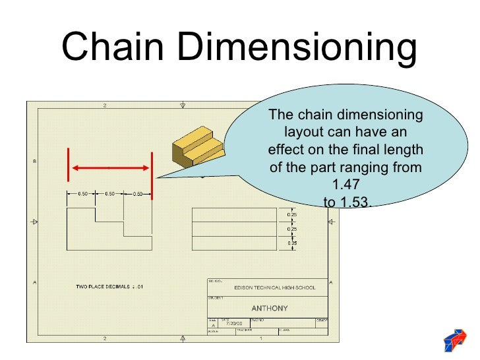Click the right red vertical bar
[152, 175]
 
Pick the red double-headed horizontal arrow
[109, 168]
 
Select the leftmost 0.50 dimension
[83, 194]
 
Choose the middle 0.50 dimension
[109, 194]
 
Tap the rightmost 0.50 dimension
[138, 194]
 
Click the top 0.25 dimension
[291, 215]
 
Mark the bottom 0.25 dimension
[291, 243]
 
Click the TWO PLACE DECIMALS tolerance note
[109, 287]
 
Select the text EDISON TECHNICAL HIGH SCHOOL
[274, 287]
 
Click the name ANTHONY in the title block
[269, 308]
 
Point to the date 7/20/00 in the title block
[234, 324]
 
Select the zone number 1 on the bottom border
[261, 338]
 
